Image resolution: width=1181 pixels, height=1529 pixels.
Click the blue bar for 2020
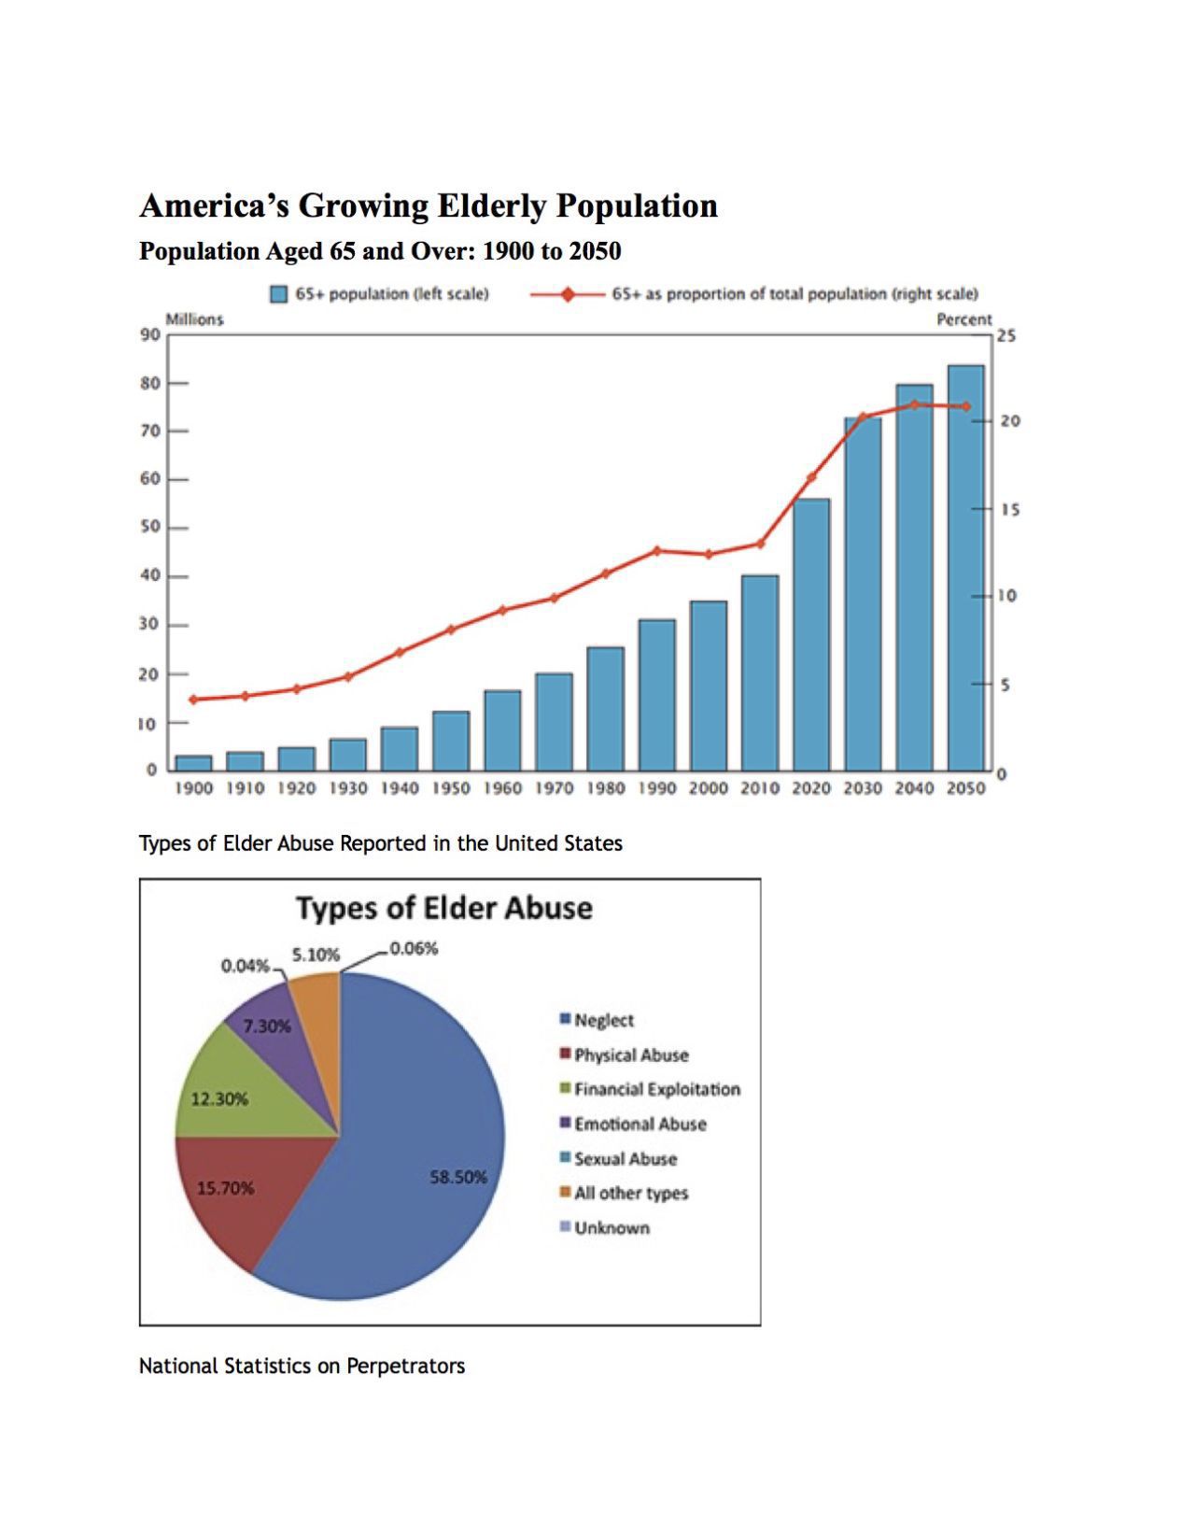[810, 635]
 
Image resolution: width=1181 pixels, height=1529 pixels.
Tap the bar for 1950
[451, 741]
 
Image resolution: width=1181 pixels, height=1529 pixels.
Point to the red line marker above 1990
[656, 551]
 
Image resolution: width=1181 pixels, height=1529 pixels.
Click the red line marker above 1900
[193, 700]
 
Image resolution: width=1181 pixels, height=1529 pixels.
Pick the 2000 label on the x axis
[708, 788]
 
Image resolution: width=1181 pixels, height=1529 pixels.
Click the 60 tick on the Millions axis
[150, 479]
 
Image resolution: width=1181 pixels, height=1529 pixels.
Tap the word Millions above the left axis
[194, 319]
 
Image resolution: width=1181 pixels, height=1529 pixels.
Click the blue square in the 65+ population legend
[278, 294]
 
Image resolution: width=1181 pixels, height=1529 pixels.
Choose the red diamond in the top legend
[567, 294]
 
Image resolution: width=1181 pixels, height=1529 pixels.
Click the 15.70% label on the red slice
[225, 1188]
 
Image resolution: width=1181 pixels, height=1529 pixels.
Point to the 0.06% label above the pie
[414, 948]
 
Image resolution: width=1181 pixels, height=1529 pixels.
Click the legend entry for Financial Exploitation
[656, 1089]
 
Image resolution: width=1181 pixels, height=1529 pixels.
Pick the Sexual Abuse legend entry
[625, 1158]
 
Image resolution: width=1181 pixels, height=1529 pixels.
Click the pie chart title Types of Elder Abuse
[444, 908]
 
